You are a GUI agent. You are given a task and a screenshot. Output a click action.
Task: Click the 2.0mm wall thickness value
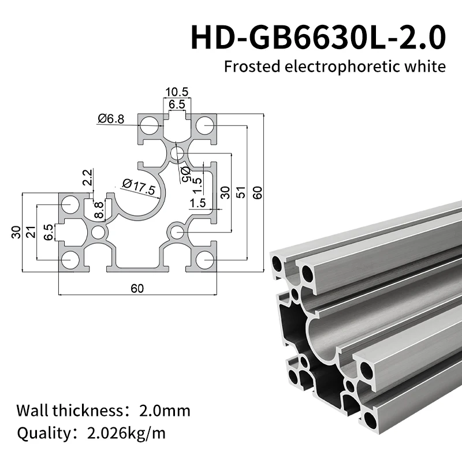point(165,411)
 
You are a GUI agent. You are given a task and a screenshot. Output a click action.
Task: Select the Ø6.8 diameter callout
point(111,119)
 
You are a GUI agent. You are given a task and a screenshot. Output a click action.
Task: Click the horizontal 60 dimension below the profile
point(137,289)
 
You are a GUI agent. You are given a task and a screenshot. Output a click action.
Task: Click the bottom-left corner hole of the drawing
point(70,259)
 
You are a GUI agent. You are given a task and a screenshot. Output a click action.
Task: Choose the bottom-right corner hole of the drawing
point(204,259)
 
